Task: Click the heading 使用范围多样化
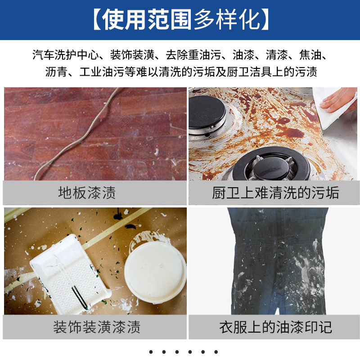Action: [x=181, y=19]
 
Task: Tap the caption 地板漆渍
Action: [x=87, y=193]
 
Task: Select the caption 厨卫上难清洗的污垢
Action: [x=275, y=193]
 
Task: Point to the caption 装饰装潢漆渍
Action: [x=97, y=327]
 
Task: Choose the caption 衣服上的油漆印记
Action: [x=275, y=327]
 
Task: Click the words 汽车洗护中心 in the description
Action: [x=65, y=54]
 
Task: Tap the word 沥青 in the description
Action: [x=56, y=72]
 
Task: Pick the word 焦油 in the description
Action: [x=310, y=54]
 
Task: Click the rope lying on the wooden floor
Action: [x=78, y=135]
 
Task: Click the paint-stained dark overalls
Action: [x=278, y=261]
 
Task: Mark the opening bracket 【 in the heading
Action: [x=97, y=19]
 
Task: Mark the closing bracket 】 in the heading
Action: [x=265, y=19]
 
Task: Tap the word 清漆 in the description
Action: [x=277, y=54]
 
